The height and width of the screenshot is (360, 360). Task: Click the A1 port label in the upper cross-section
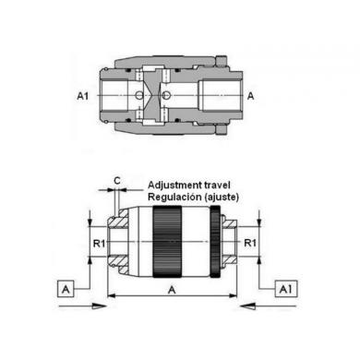pos(82,96)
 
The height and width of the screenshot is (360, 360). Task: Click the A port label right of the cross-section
pos(251,96)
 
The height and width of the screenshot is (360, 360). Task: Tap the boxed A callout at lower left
pos(66,289)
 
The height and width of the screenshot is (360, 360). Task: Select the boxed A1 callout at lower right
pos(286,289)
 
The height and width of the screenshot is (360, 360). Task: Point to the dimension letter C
pos(117,181)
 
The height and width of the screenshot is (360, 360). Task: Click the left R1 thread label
pos(99,244)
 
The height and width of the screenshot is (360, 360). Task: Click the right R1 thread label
pos(250,243)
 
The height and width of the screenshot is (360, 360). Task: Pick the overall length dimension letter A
pos(172,290)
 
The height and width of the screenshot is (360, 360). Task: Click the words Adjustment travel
pos(189,186)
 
